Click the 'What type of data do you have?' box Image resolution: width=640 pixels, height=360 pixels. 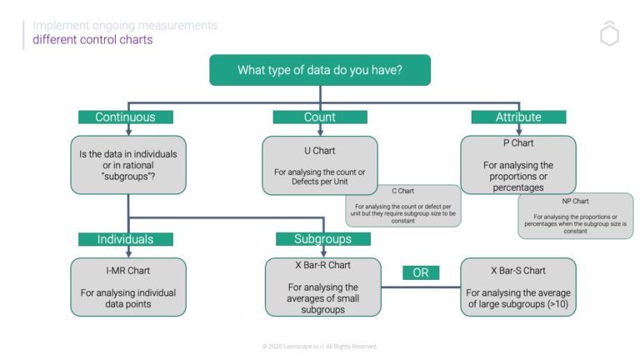click(320, 70)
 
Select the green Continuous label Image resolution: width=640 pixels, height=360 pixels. click(126, 117)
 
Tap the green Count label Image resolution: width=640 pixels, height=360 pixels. click(320, 117)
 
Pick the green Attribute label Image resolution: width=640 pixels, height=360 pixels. click(518, 117)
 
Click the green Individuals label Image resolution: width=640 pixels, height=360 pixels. click(126, 239)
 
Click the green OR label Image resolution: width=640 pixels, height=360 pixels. click(421, 272)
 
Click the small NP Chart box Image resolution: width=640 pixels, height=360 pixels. click(575, 216)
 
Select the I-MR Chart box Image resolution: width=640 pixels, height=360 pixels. click(127, 287)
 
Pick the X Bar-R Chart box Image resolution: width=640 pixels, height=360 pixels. click(323, 287)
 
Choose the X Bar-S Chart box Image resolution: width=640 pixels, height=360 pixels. click(518, 287)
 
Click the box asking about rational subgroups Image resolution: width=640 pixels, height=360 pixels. click(127, 165)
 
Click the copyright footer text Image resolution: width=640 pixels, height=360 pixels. click(320, 346)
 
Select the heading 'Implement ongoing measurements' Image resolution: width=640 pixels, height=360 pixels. click(125, 26)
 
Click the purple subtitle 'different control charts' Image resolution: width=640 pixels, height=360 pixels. click(92, 40)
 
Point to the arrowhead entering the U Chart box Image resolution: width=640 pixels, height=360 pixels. click(320, 132)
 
